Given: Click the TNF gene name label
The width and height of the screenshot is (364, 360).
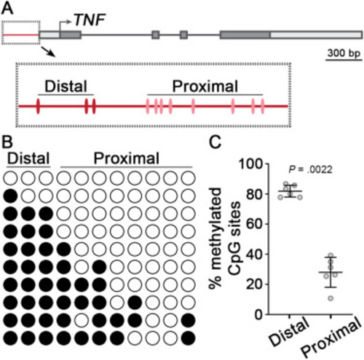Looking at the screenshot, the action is (90, 20).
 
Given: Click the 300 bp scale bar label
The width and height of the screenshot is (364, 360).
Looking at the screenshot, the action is (344, 53).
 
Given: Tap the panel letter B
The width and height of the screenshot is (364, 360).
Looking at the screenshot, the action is (7, 142).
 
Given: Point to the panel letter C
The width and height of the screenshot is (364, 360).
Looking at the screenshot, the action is (215, 142).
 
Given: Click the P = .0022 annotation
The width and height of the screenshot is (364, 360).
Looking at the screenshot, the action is (310, 169).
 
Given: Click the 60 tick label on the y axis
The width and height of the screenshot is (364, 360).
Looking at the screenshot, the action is (255, 224).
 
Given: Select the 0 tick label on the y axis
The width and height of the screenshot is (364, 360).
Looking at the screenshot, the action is (259, 314).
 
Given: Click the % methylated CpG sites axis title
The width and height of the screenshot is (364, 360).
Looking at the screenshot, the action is (224, 238).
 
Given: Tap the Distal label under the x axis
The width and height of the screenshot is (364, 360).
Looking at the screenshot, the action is (289, 332).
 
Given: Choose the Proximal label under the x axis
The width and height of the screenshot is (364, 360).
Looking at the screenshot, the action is (331, 337).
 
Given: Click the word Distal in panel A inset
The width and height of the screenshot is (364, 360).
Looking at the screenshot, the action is (66, 86).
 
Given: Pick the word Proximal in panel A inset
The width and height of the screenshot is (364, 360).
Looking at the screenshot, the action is (205, 86).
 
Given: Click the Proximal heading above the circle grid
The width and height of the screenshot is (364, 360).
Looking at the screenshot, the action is (127, 159).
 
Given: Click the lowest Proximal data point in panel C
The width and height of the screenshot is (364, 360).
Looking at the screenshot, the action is (331, 298).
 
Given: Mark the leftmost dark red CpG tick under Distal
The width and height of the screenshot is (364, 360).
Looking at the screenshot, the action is (38, 106).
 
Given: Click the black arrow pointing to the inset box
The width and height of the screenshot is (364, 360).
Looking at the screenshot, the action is (48, 52).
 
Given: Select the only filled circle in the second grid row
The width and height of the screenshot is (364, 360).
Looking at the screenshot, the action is (10, 196).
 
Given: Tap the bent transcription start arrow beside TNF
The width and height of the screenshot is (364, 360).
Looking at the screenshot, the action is (65, 25).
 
